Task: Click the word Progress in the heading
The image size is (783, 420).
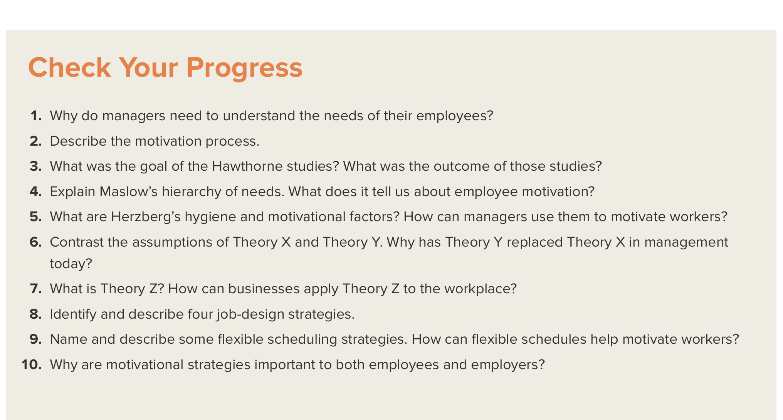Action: pyautogui.click(x=244, y=68)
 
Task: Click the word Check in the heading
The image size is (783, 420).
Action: pyautogui.click(x=69, y=67)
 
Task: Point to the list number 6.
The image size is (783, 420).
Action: pyautogui.click(x=36, y=242)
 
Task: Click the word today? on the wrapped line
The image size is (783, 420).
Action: pyautogui.click(x=71, y=264)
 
